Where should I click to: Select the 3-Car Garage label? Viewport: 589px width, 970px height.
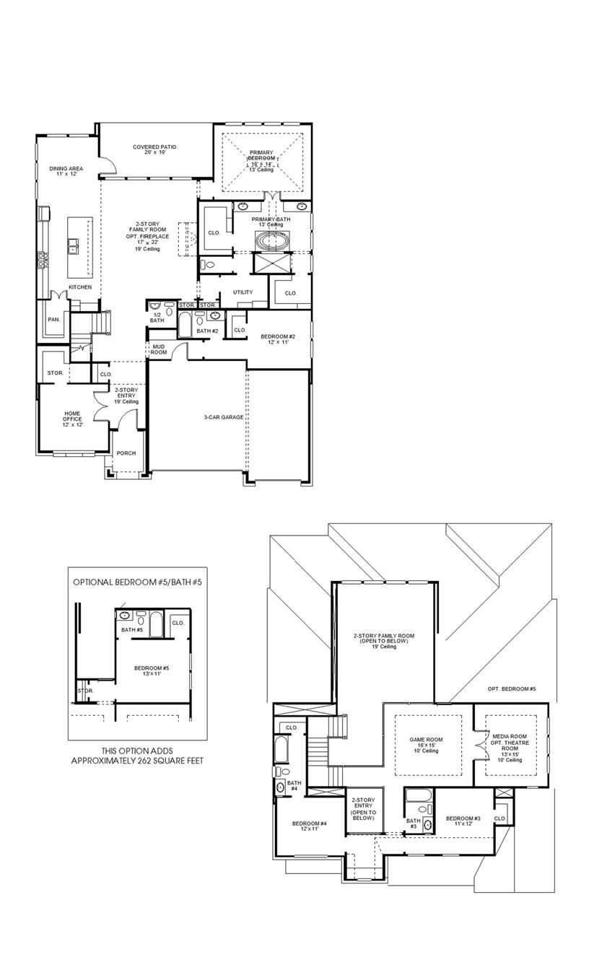coord(224,417)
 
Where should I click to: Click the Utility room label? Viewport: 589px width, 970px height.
coord(243,292)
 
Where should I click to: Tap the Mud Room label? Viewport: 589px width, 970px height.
coord(159,349)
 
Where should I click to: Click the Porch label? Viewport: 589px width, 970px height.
coord(126,453)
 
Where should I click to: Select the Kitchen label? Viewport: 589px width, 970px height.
coord(80,287)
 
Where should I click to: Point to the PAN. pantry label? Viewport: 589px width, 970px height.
coord(53,319)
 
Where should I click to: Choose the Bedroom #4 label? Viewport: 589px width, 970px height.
coord(310,823)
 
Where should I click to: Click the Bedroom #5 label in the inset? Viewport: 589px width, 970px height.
coord(152,668)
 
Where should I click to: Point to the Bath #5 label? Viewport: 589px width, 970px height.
coord(132,630)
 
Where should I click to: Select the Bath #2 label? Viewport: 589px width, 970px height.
coord(207,331)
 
